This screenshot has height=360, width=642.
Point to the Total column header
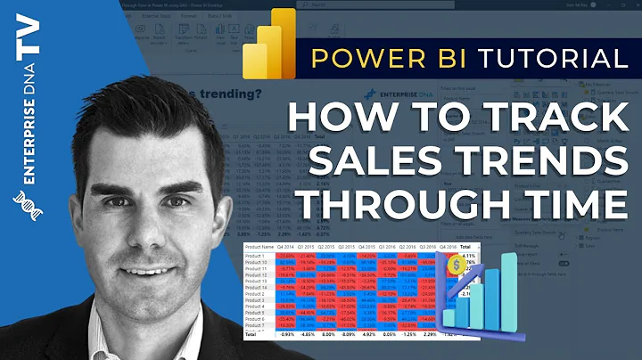[465, 246]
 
